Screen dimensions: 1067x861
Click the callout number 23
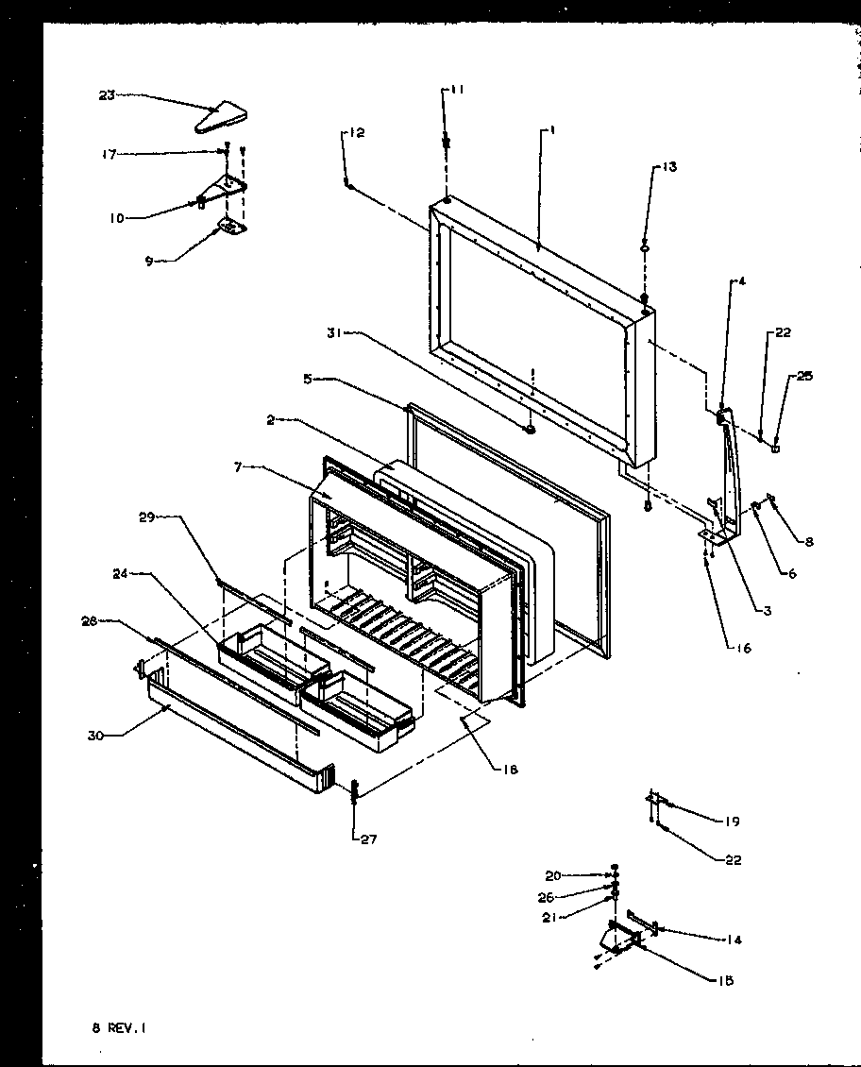(x=106, y=94)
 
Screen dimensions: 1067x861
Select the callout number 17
(x=110, y=154)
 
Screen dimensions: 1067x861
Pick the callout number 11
(x=457, y=90)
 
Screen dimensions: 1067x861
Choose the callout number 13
(x=668, y=167)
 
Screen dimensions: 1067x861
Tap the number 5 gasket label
(x=308, y=381)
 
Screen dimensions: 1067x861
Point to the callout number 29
(x=145, y=518)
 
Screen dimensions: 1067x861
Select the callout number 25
(x=803, y=377)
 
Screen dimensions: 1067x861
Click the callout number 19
(x=732, y=821)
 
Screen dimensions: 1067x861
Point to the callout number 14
(x=734, y=940)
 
